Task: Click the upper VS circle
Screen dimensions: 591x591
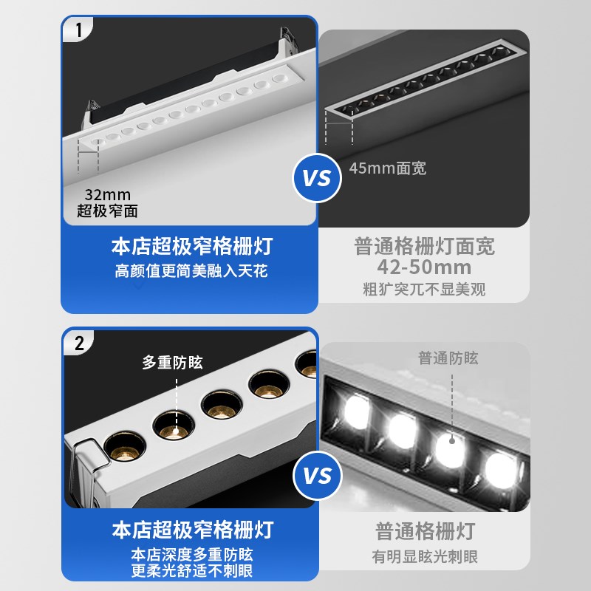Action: pos(317,178)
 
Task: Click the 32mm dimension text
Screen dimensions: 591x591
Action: pos(106,195)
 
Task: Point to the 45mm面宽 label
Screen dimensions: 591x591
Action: pos(387,168)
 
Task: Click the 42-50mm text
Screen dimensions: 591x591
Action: pos(423,267)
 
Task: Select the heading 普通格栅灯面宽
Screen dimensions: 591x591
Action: pos(423,247)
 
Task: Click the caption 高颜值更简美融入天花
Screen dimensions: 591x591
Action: pos(191,271)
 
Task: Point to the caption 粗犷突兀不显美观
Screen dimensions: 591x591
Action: pos(423,289)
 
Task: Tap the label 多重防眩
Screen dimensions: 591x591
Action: pos(172,363)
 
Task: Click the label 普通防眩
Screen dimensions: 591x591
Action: pos(448,358)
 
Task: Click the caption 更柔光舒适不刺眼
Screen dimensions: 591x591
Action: pos(191,571)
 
